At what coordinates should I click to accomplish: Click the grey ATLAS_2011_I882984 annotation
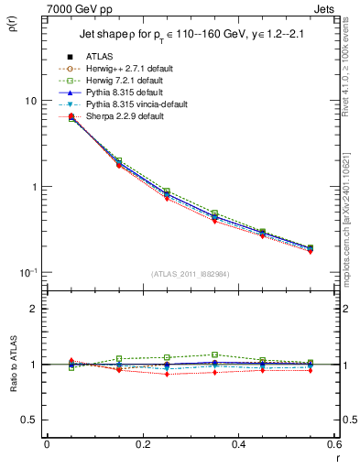coord(190,274)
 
